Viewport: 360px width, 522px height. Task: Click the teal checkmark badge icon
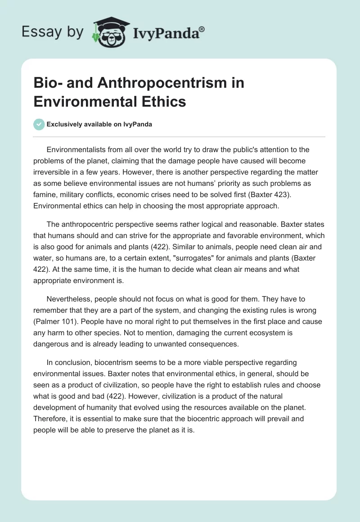click(39, 124)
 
